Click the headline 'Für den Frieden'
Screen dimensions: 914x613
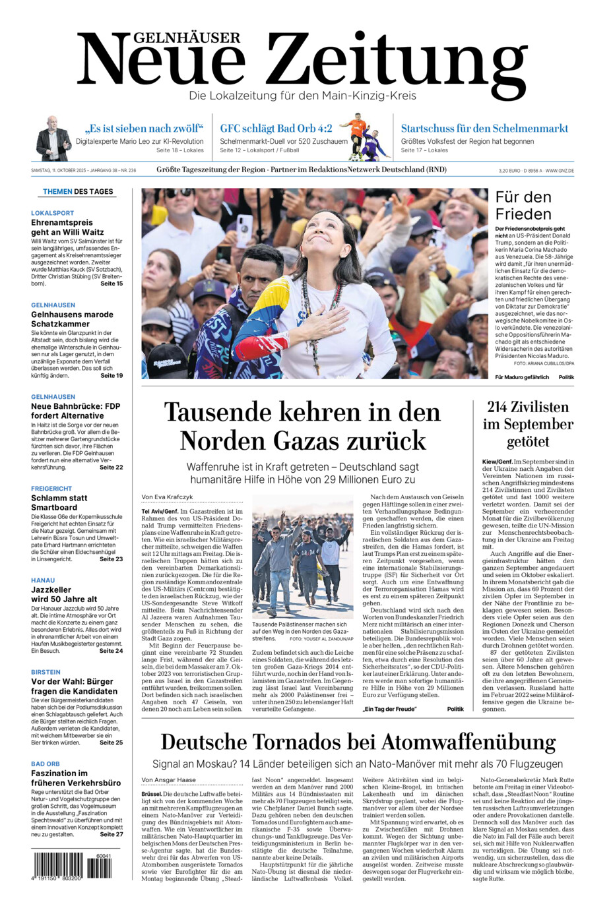click(x=523, y=206)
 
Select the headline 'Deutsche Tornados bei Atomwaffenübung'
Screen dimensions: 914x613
click(x=358, y=743)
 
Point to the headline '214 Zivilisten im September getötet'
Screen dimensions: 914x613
click(x=527, y=424)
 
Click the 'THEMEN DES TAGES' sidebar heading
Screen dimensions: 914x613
click(x=78, y=192)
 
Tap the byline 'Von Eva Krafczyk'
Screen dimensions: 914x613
click(x=167, y=497)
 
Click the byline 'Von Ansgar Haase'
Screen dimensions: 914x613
click(x=169, y=780)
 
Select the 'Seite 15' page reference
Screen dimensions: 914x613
click(x=112, y=284)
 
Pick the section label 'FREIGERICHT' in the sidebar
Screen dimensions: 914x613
click(x=51, y=489)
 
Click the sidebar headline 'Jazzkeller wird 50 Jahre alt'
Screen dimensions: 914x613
click(x=64, y=595)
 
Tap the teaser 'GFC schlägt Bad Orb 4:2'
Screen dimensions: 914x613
click(x=276, y=129)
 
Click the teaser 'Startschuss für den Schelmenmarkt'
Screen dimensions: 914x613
click(x=484, y=129)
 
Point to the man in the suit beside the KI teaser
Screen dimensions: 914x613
click(x=53, y=139)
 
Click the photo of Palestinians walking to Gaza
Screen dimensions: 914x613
click(x=302, y=557)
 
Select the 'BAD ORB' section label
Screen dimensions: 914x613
click(x=46, y=764)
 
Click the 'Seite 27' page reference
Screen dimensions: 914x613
click(x=112, y=834)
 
